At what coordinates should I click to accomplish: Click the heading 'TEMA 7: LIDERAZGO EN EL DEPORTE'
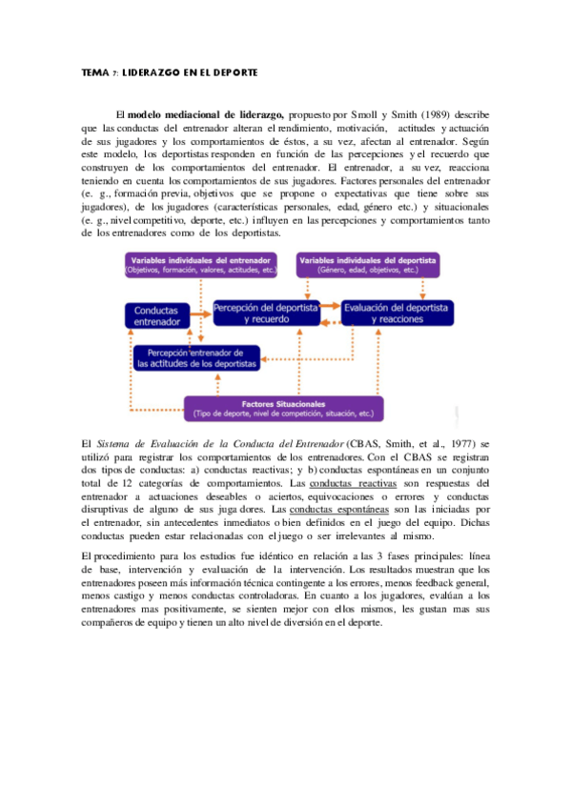[x=170, y=72]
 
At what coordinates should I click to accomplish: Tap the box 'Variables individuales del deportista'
[x=371, y=264]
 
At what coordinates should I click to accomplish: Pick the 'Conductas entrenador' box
[x=156, y=316]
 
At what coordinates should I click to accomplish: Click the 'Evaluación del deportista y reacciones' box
[x=397, y=313]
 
